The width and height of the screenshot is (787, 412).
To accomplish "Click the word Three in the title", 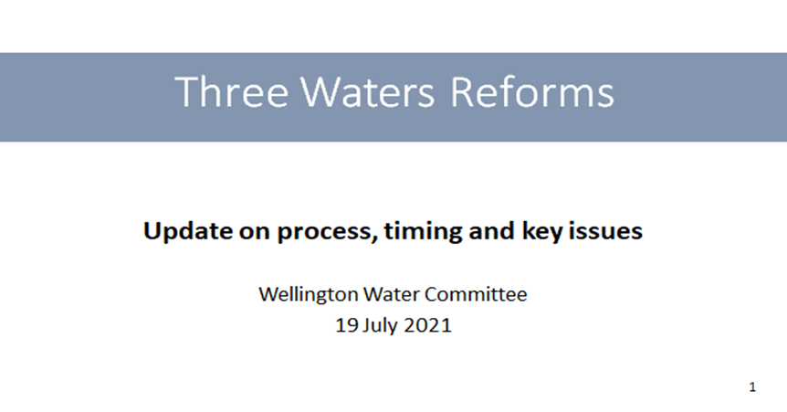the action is coord(231,91).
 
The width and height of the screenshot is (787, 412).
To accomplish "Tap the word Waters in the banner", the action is coord(367,91).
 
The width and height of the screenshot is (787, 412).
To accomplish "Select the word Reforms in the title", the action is coord(532,91).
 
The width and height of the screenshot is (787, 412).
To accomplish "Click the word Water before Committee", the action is coord(392,294).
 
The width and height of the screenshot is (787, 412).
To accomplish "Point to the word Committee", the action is coord(476,294).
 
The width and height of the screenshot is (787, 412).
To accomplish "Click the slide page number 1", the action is coord(752,387).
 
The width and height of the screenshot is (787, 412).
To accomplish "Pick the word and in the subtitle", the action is coord(492,231).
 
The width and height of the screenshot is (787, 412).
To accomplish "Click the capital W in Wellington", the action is coord(269,294).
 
